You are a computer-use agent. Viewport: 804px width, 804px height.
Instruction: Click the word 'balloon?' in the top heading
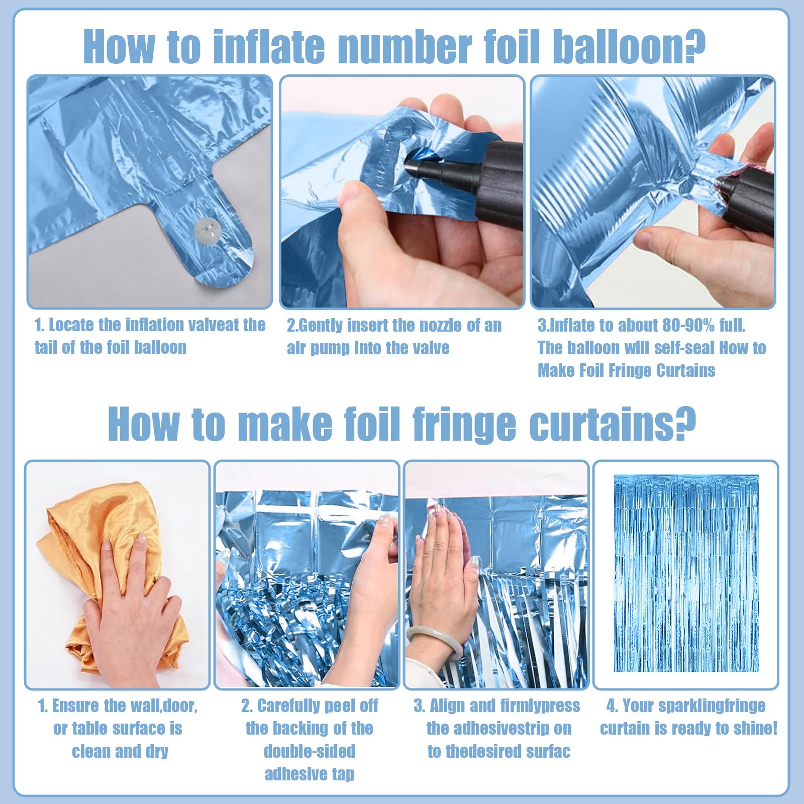[x=628, y=46]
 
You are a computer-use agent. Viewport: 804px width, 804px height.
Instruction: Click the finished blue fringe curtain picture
[x=686, y=573]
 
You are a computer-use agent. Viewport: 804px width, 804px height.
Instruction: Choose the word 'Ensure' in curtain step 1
[x=76, y=706]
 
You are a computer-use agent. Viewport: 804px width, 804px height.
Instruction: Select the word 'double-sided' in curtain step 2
[x=310, y=751]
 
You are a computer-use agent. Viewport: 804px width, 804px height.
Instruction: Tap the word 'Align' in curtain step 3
[x=449, y=706]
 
